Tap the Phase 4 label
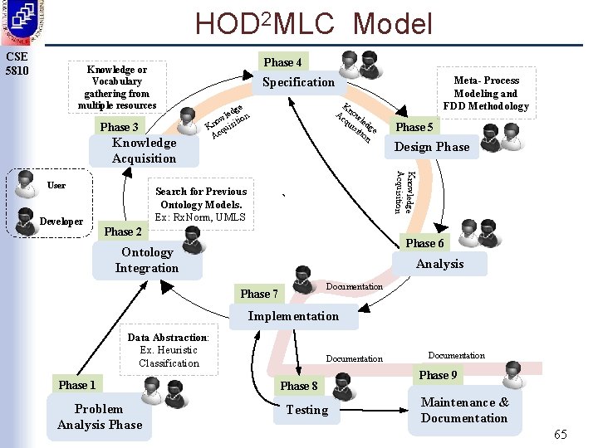coord(282,62)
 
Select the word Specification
coord(298,82)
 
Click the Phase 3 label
coord(120,127)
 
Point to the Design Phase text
coord(431,147)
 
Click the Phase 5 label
coord(414,127)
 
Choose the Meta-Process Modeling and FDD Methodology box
coord(486,93)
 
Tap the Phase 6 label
coord(424,243)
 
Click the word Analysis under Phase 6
coord(439,264)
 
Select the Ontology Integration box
coord(147,260)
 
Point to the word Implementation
coord(293,316)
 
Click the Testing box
coord(306,410)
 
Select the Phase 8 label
coord(299,386)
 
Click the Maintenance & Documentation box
coord(464,410)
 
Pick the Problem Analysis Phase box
coord(100,416)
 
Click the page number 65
coord(561,435)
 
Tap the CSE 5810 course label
coord(17,63)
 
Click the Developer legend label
coord(61,222)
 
